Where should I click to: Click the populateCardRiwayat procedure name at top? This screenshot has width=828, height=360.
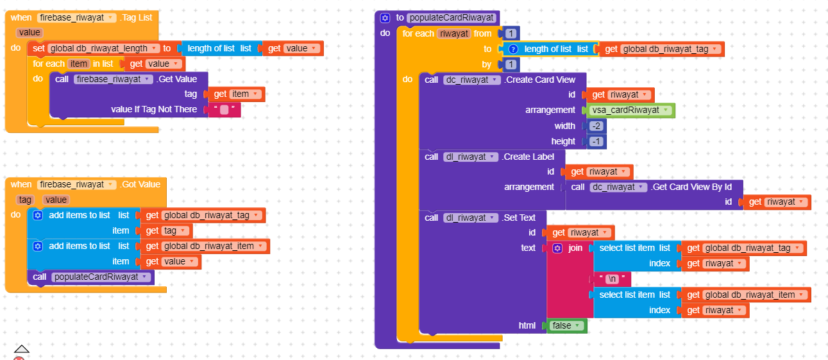(x=452, y=18)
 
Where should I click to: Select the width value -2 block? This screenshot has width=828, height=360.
(x=596, y=126)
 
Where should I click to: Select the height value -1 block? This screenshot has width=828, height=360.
(x=596, y=142)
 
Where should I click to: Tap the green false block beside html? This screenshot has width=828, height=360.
(x=566, y=325)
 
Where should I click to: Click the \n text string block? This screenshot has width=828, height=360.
(x=612, y=279)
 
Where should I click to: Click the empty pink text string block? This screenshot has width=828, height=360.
(x=224, y=110)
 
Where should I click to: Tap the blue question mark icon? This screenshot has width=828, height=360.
(x=512, y=49)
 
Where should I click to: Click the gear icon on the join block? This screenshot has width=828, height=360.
(x=557, y=248)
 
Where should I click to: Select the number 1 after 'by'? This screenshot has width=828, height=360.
(x=511, y=65)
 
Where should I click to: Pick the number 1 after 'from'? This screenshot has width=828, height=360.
(x=511, y=33)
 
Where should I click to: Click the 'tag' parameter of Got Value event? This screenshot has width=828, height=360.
(x=25, y=200)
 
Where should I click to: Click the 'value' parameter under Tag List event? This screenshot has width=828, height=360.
(x=30, y=33)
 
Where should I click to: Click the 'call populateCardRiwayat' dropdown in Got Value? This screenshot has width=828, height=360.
(x=101, y=277)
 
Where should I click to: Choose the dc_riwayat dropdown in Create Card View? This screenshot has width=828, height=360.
(x=471, y=80)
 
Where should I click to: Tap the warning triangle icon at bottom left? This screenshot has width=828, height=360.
(x=21, y=349)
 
